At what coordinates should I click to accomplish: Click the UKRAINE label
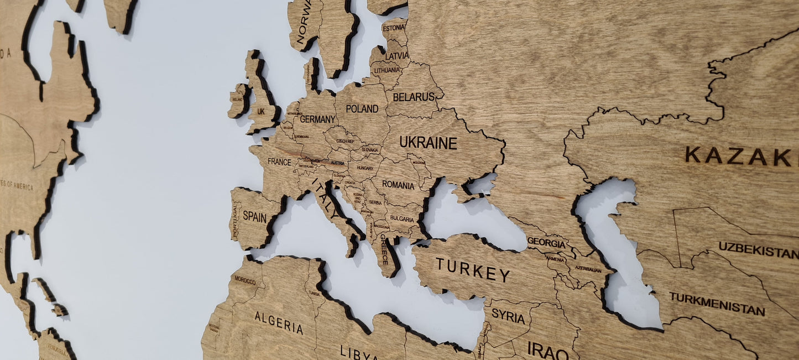point(429,143)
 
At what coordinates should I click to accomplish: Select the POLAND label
point(362,108)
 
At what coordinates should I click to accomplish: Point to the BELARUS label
point(414,97)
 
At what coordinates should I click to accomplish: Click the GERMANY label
point(317,119)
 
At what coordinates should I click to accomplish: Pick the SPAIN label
point(254,217)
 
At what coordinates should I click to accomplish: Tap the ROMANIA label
point(398,185)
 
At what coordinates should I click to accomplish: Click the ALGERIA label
point(279,323)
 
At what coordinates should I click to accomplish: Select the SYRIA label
point(508,316)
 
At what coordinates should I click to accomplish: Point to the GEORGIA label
point(546,242)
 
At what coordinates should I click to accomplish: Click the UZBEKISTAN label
point(759,250)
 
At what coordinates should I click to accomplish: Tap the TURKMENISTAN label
point(717,304)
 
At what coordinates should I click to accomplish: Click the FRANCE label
point(279,161)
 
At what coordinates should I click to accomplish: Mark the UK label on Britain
point(261,111)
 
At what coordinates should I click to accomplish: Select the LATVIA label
point(397,56)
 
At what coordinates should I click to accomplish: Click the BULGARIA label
point(402,218)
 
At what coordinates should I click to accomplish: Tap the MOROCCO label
point(245,281)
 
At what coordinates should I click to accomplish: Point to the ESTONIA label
point(394,28)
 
